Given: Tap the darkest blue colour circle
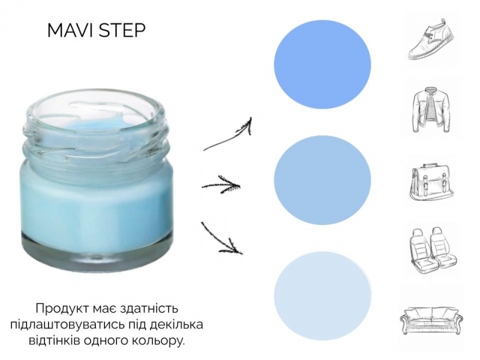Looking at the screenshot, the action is pyautogui.click(x=322, y=65).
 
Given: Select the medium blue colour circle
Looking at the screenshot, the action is pyautogui.click(x=322, y=181).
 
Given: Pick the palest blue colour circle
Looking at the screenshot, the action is pyautogui.click(x=322, y=296).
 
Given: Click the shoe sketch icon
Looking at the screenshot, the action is pyautogui.click(x=431, y=39).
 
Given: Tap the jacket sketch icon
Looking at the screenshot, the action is pyautogui.click(x=431, y=110).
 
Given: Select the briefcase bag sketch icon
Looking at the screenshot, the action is pyautogui.click(x=431, y=182).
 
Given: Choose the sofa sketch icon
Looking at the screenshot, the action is pyautogui.click(x=431, y=320).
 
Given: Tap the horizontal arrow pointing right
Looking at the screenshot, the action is pyautogui.click(x=221, y=185).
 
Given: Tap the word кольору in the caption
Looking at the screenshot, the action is pyautogui.click(x=158, y=341).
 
